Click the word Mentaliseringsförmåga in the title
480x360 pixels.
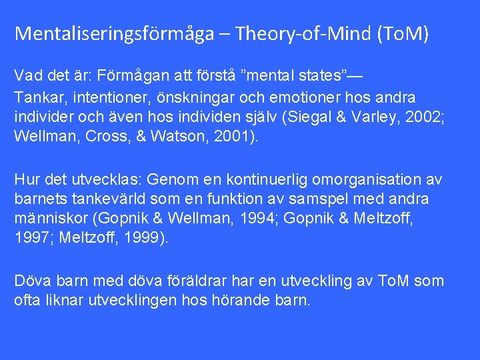[x=114, y=33]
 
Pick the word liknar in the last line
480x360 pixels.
[x=61, y=300]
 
